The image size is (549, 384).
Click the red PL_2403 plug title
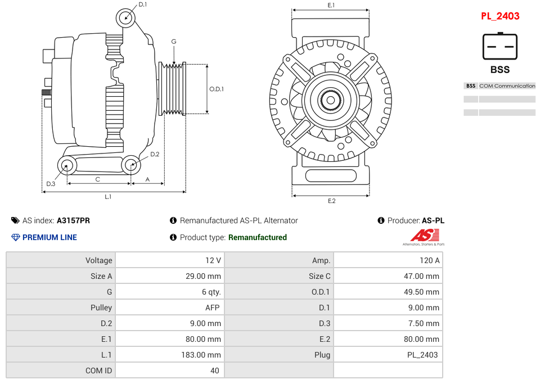pos(499,16)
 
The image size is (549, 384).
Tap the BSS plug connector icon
pos(499,47)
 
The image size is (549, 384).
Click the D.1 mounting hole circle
pos(126,18)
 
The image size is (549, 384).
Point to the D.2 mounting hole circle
pos(131,165)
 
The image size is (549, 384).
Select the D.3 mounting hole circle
pos(67,166)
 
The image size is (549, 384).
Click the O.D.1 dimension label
pos(217,89)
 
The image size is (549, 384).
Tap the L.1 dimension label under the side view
pos(108,197)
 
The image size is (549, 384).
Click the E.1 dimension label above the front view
pos(331,5)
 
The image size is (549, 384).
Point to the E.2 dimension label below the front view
pos(331,201)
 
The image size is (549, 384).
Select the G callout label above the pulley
pos(174,42)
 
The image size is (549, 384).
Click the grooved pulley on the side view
pos(173,88)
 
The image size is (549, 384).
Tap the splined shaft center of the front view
pos(331,101)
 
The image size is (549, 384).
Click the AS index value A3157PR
pos(73,220)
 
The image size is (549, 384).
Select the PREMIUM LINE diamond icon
pos(16,237)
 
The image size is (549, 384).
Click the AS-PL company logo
pos(423,237)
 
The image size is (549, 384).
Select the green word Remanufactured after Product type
pos(257,237)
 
